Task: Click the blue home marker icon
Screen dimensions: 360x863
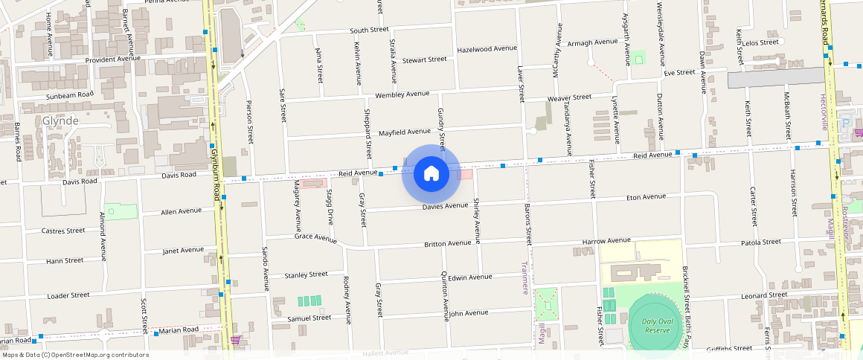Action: (x=431, y=174)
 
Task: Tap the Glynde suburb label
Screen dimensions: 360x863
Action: (x=60, y=120)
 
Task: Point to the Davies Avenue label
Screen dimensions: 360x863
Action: (x=445, y=206)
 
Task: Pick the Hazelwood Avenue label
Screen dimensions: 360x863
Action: (x=487, y=48)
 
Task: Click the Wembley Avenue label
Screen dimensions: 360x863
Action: (x=402, y=94)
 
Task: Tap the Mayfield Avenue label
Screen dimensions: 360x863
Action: (x=405, y=132)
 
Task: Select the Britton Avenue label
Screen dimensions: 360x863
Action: (x=446, y=244)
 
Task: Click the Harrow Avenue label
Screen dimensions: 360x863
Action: (x=606, y=241)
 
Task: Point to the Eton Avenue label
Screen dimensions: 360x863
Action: (x=646, y=197)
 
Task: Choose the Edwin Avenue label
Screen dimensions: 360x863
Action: (x=469, y=277)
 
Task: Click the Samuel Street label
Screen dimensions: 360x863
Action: (x=309, y=318)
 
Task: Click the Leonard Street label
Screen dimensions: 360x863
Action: (x=764, y=295)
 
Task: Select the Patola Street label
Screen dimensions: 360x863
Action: (x=760, y=242)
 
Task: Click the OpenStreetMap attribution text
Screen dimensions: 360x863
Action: (x=74, y=355)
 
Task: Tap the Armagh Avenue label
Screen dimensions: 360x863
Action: (x=592, y=42)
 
